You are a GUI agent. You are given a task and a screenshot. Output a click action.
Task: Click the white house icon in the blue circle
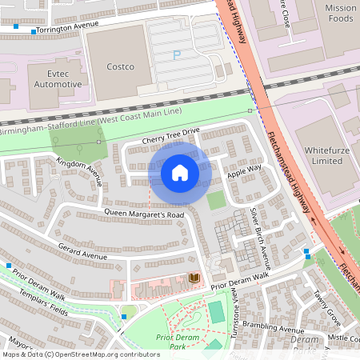pyautogui.click(x=180, y=173)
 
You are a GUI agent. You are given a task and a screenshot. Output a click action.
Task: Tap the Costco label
pyautogui.click(x=121, y=66)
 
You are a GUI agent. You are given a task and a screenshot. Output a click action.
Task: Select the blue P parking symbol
pyautogui.click(x=178, y=54)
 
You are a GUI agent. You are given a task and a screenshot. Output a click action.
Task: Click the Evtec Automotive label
pyautogui.click(x=54, y=78)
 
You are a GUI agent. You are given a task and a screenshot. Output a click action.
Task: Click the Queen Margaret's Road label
pyautogui.click(x=144, y=214)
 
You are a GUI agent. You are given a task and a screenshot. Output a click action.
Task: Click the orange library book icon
pyautogui.click(x=193, y=278)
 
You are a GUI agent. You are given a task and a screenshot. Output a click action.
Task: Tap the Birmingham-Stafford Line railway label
pyautogui.click(x=91, y=120)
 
